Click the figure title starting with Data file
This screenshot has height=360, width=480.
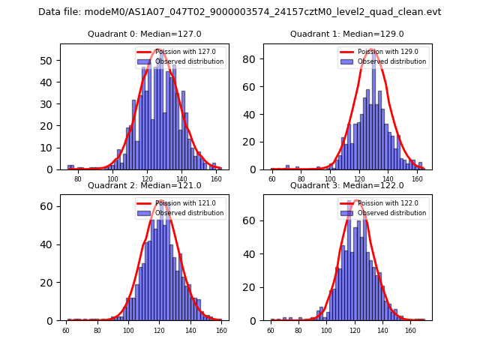[240, 12]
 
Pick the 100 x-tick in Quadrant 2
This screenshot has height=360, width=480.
[128, 330]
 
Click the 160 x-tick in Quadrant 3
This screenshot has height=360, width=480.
[409, 330]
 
